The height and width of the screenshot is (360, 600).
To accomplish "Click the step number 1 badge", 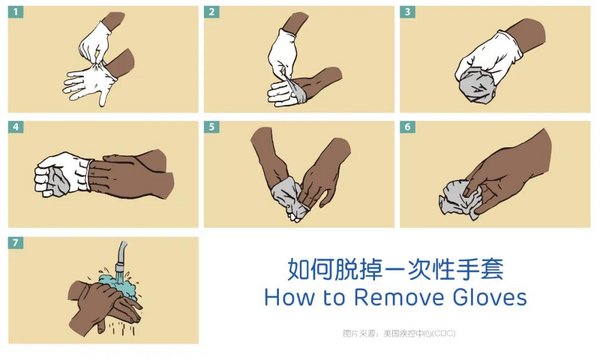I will point(16,12).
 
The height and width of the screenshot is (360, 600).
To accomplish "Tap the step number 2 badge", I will point(212,12).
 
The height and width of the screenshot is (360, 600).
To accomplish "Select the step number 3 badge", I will point(408,12).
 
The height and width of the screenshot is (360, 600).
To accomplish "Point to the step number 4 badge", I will point(16,128).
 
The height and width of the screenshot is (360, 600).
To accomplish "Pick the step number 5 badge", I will point(212,128).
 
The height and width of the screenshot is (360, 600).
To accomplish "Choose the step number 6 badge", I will point(408,128).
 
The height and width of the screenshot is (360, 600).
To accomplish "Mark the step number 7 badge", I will point(16,244).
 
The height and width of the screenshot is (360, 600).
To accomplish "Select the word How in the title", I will point(285,297).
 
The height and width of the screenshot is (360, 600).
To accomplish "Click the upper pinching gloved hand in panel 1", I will point(98,40).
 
